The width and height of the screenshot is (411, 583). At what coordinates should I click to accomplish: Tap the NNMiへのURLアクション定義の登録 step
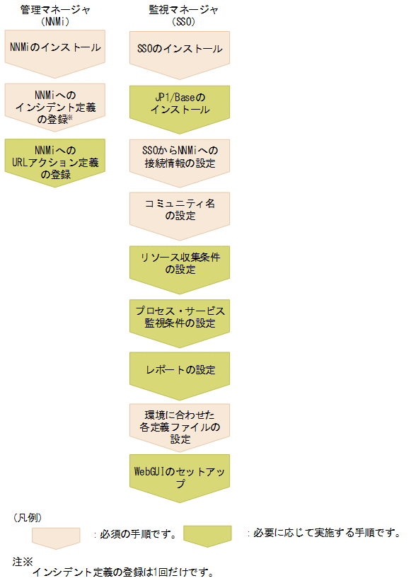coord(54,162)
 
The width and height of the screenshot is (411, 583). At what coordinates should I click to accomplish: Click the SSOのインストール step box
coord(180,49)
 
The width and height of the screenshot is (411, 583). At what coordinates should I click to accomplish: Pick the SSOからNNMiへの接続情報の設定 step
coord(180,157)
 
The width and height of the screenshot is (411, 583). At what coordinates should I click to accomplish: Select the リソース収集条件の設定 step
coord(180,263)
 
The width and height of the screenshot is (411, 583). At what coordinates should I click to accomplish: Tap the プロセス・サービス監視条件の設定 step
coord(180,317)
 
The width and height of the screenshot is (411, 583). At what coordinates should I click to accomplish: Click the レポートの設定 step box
coord(180,369)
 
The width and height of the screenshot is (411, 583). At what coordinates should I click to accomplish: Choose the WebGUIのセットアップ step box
coord(180,477)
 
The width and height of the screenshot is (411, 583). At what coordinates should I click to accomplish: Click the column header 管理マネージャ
coord(54,11)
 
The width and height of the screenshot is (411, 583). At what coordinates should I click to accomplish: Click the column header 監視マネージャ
coord(180,11)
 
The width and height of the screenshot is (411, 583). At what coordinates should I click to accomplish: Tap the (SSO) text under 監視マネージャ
coord(180,22)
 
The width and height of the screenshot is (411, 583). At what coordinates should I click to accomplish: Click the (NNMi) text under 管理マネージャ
coord(54,22)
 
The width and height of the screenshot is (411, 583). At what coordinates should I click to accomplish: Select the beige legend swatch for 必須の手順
coord(56,536)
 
